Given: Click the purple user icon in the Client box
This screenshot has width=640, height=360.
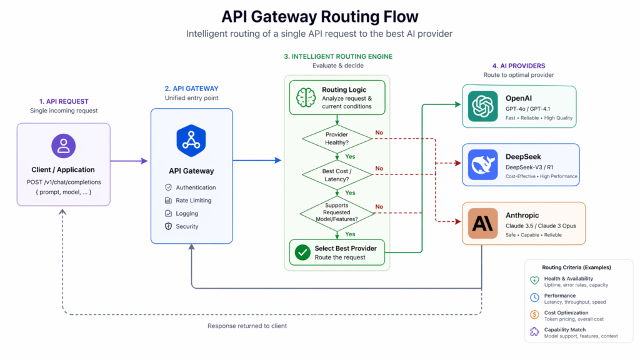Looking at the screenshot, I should tap(63, 146).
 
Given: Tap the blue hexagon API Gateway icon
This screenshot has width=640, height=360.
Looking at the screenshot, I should tap(191, 140).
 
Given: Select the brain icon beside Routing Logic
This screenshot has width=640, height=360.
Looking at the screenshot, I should tap(306, 97).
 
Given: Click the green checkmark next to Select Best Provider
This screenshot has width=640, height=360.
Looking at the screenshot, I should tap(302, 252).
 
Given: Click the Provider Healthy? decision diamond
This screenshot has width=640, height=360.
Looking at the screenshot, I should tap(337, 139).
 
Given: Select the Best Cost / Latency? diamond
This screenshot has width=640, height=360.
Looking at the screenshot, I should tap(337, 175).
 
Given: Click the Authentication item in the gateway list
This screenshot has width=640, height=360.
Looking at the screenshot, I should tap(196, 187).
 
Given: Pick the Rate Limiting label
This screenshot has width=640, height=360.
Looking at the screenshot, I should tap(193, 201).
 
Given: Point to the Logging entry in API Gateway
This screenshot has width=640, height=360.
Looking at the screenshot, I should tap(187, 214).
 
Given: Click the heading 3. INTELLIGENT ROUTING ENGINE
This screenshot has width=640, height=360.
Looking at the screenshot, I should tap(338, 56).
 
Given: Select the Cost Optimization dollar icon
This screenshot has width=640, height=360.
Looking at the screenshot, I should tap(534, 315).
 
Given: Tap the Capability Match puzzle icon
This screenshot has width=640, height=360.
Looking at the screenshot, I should tap(534, 332).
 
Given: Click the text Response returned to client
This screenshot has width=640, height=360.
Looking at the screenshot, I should tap(247, 326).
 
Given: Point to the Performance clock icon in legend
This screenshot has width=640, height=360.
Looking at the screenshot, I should tap(534, 298).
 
